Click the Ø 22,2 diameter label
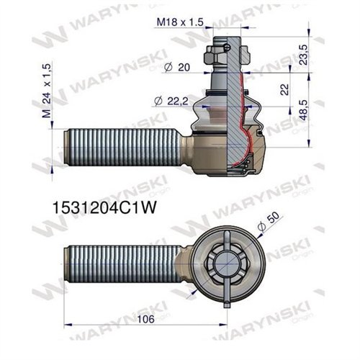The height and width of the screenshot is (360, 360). tap(171, 100)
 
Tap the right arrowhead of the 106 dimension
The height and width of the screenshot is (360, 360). tap(222, 325)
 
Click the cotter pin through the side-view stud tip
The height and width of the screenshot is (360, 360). tap(229, 48)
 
